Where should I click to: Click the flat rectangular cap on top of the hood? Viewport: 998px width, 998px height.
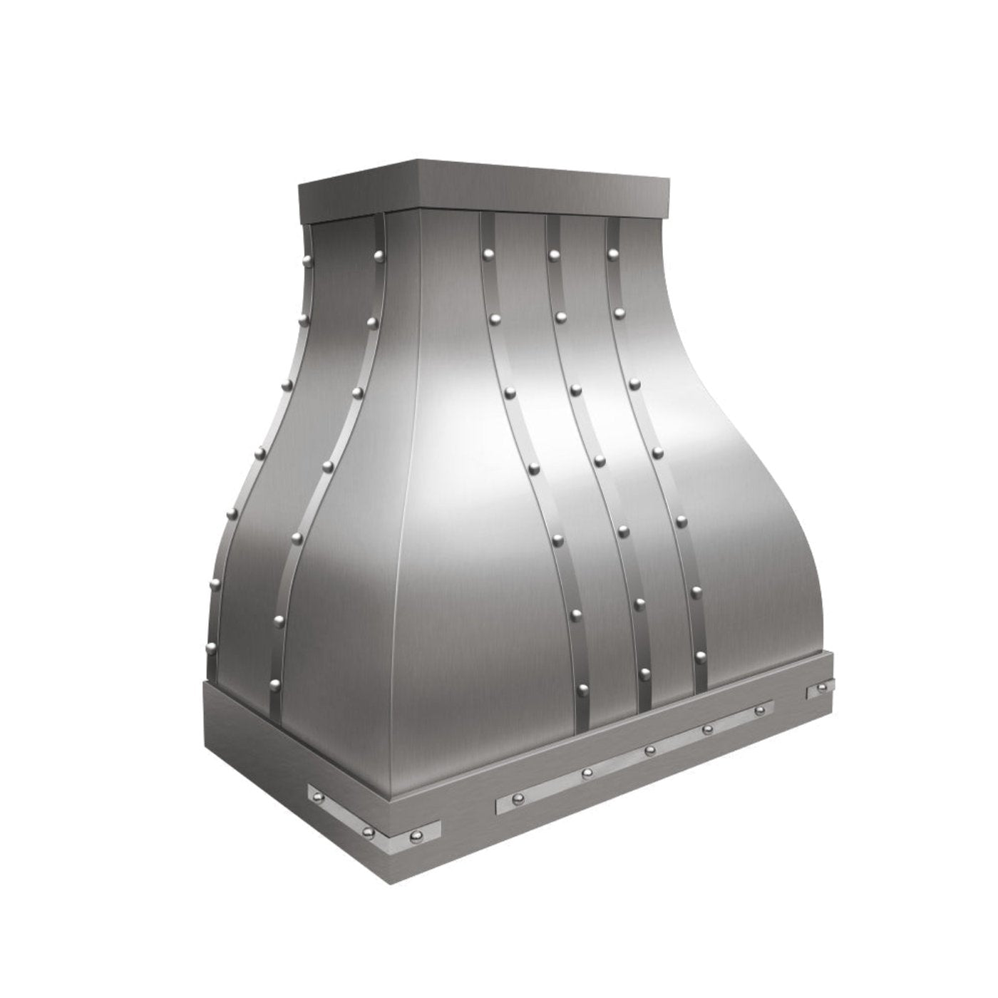[485, 187]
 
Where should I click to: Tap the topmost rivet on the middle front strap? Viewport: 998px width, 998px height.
[552, 253]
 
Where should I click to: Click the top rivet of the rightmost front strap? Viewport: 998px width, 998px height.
[612, 253]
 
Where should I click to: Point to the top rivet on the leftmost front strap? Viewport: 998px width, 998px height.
[488, 253]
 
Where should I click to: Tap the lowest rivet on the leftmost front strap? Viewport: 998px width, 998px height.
[582, 689]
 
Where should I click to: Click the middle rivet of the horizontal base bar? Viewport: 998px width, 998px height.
[649, 751]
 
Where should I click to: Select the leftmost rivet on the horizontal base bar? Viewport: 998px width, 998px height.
[587, 773]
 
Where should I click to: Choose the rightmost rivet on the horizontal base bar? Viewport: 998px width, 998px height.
[760, 711]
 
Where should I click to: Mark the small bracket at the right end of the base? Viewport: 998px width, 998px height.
[819, 689]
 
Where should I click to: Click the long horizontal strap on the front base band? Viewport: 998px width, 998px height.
[634, 757]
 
